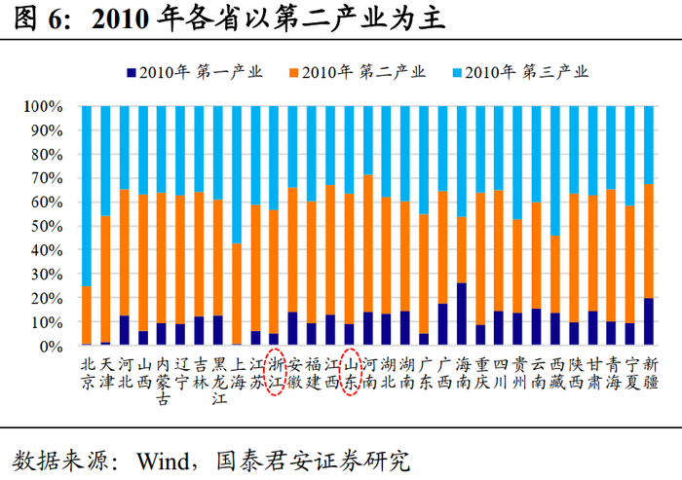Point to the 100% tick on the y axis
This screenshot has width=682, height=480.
44,106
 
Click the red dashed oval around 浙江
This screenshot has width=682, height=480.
275,372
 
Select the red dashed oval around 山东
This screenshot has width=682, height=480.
350,372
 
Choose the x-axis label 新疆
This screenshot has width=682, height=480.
650,372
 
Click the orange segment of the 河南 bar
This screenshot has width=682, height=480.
368,243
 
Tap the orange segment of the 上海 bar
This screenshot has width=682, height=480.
237,292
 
